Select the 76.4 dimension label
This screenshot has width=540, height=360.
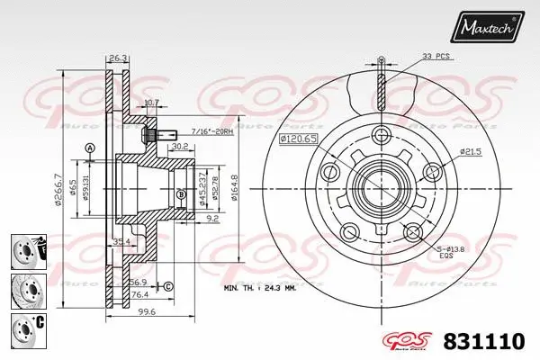click(139, 294)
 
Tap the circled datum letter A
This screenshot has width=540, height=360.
click(89, 148)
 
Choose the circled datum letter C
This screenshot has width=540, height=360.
click(167, 286)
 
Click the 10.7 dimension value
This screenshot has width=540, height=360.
click(151, 102)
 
